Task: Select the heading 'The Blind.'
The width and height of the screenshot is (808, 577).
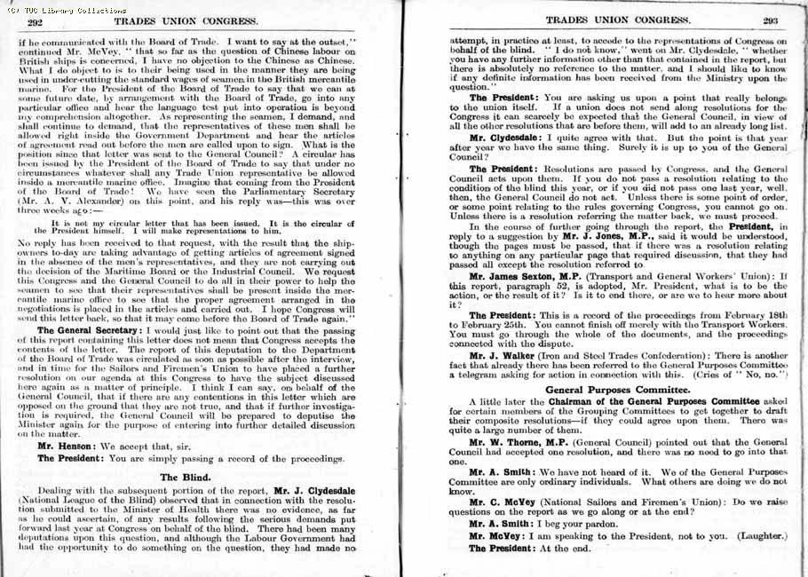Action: (183, 476)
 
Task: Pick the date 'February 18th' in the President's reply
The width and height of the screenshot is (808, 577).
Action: (750, 316)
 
